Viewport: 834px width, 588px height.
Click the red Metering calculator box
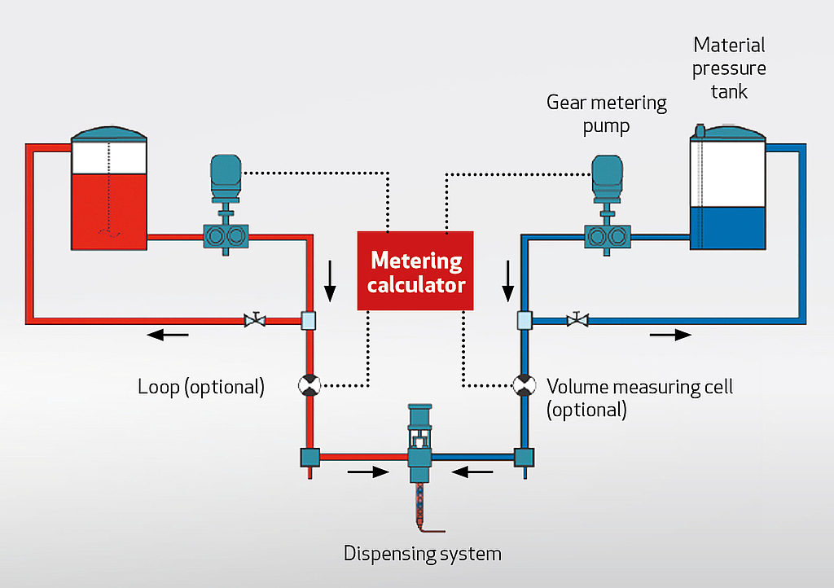(415, 271)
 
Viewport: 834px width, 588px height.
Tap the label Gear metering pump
(606, 114)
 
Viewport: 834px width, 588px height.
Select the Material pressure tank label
(729, 68)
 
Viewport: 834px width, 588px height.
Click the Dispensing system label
(422, 555)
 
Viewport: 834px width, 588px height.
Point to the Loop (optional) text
(201, 386)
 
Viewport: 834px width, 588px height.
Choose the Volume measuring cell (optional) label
(639, 397)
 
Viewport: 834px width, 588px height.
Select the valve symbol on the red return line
(255, 320)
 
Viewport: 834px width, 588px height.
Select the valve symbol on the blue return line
(577, 320)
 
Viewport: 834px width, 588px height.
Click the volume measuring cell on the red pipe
(309, 384)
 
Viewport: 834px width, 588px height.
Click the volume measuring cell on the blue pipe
(524, 384)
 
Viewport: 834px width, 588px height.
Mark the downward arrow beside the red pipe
(330, 281)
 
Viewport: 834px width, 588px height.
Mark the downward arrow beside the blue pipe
(508, 281)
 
